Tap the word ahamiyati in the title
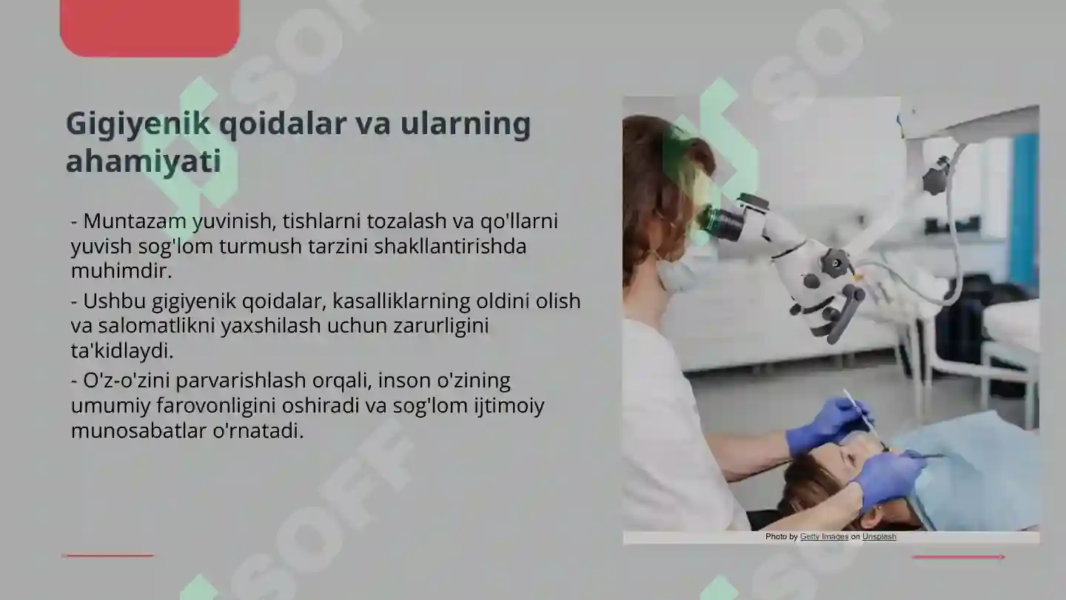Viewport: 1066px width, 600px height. click(x=143, y=161)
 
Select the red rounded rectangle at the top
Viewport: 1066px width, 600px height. click(x=150, y=27)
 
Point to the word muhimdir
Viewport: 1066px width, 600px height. click(x=121, y=270)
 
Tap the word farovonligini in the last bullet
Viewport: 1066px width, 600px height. click(x=221, y=406)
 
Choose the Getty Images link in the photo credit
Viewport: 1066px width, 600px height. click(x=824, y=536)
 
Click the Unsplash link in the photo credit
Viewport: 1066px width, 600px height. click(x=879, y=536)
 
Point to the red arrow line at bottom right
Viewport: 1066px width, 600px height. click(x=959, y=556)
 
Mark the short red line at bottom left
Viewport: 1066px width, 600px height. click(x=107, y=555)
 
